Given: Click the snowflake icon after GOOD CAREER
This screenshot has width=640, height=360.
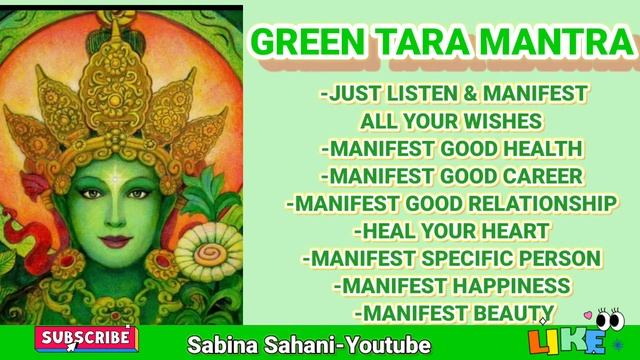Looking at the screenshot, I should pyautogui.click(x=598, y=176).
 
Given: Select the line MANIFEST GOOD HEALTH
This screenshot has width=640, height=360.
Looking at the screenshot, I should pyautogui.click(x=452, y=149).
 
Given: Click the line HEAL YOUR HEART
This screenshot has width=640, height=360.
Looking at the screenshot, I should pyautogui.click(x=453, y=231).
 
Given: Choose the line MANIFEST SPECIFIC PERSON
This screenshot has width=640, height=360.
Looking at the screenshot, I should pyautogui.click(x=452, y=258).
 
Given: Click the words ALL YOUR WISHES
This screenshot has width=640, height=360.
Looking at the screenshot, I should pyautogui.click(x=452, y=122).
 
